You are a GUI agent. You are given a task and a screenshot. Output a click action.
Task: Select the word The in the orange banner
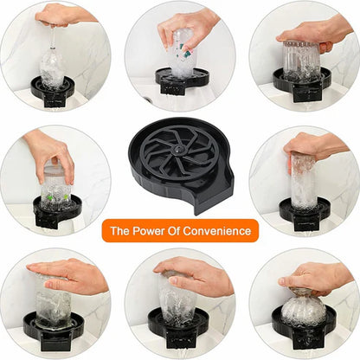(x=119, y=231)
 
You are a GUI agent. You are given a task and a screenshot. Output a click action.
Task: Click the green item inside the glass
(x=57, y=195)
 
